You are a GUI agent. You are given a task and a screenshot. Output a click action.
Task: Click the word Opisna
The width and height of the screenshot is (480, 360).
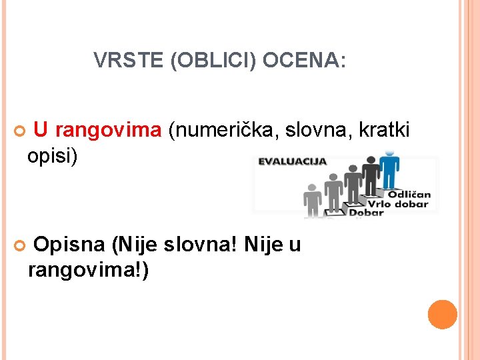(x=69, y=245)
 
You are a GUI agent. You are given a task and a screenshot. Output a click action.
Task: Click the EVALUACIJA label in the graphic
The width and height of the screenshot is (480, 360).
(x=293, y=161)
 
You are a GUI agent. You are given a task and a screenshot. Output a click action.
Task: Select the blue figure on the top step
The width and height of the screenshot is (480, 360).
(x=389, y=170)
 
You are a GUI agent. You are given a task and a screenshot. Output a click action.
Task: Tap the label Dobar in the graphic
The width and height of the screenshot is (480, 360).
(x=367, y=213)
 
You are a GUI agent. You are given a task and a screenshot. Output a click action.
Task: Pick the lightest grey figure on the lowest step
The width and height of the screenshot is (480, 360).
(x=312, y=200)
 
